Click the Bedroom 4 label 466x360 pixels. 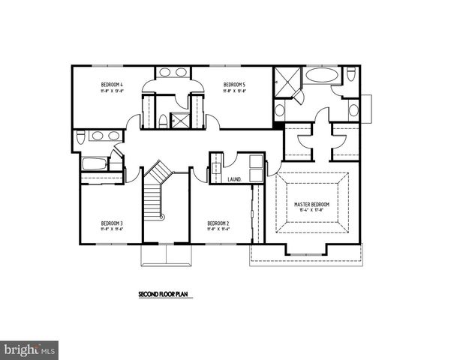pos(112,85)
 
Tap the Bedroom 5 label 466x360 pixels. pos(235,85)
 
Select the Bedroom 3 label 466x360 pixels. pos(112,223)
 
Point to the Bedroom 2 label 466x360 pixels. pos(218,223)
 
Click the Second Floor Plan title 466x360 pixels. pos(166,295)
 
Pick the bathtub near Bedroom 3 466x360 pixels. pos(95,164)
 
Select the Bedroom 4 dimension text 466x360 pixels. pos(112,92)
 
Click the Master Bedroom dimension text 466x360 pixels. pos(313,211)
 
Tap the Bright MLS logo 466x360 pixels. pos(30,349)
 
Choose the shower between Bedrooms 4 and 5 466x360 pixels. pos(181,120)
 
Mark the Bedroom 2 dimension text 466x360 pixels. pos(218,229)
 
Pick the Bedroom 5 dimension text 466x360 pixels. pos(235,92)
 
